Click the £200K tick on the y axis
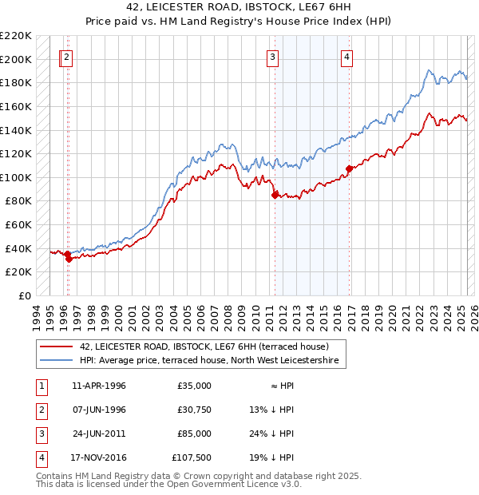(x=16, y=59)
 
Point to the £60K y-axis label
(x=18, y=225)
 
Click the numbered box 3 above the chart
(x=273, y=57)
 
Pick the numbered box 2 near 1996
(x=67, y=57)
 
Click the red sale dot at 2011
(x=275, y=194)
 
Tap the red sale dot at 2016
(x=349, y=168)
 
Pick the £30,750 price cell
(x=195, y=410)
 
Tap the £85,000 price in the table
(x=195, y=434)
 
